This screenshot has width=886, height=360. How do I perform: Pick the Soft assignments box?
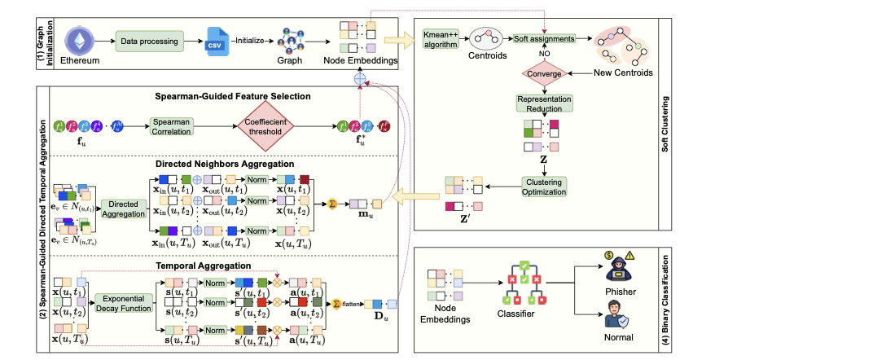[x=544, y=39]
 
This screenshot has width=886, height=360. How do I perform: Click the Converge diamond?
[x=544, y=74]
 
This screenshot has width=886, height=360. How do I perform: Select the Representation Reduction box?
[x=544, y=103]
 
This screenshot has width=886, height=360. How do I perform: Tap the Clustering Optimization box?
[x=544, y=186]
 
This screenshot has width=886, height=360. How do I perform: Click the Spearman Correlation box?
[x=171, y=126]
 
